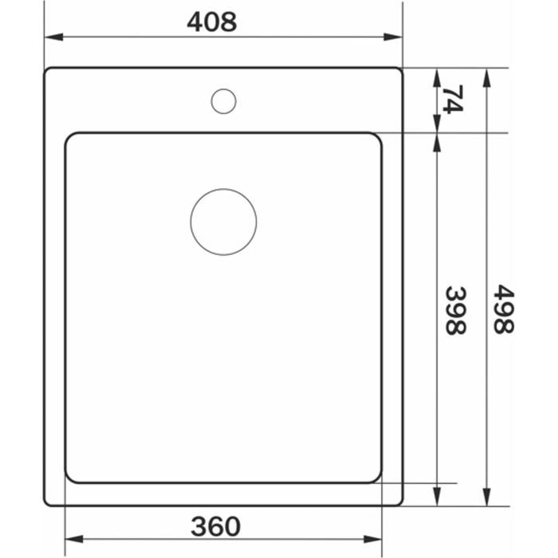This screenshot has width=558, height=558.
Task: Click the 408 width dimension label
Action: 212,22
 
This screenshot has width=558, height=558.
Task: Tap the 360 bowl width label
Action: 216,526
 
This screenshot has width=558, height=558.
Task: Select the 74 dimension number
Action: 453,100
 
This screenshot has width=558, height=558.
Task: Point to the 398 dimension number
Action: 456,311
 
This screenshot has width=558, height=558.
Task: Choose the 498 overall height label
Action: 504,309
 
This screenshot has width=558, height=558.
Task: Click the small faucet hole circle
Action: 223,89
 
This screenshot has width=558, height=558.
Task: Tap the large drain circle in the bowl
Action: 223,190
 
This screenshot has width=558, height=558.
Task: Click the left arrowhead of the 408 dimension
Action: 53,37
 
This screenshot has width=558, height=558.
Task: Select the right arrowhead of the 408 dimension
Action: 393,37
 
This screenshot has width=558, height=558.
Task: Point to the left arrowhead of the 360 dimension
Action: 74,539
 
